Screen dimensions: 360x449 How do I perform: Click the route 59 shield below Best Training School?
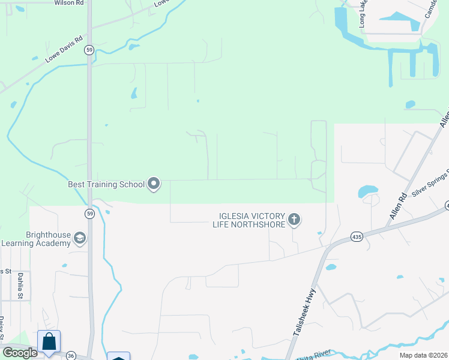pyautogui.click(x=89, y=213)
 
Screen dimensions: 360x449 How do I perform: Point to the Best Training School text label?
pyautogui.click(x=106, y=184)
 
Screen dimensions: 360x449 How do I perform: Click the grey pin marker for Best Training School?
pyautogui.click(x=154, y=184)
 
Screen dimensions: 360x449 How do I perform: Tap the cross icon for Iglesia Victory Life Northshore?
pyautogui.click(x=294, y=220)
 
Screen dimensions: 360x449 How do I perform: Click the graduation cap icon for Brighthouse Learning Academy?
pyautogui.click(x=79, y=239)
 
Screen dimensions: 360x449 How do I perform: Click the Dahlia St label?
pyautogui.click(x=20, y=286)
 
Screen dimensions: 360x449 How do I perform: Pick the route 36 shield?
pyautogui.click(x=71, y=355)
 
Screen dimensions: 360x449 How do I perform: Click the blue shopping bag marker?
pyautogui.click(x=49, y=341)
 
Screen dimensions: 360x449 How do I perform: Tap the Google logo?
pyautogui.click(x=19, y=352)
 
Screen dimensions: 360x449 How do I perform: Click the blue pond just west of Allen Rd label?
pyautogui.click(x=367, y=191)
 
